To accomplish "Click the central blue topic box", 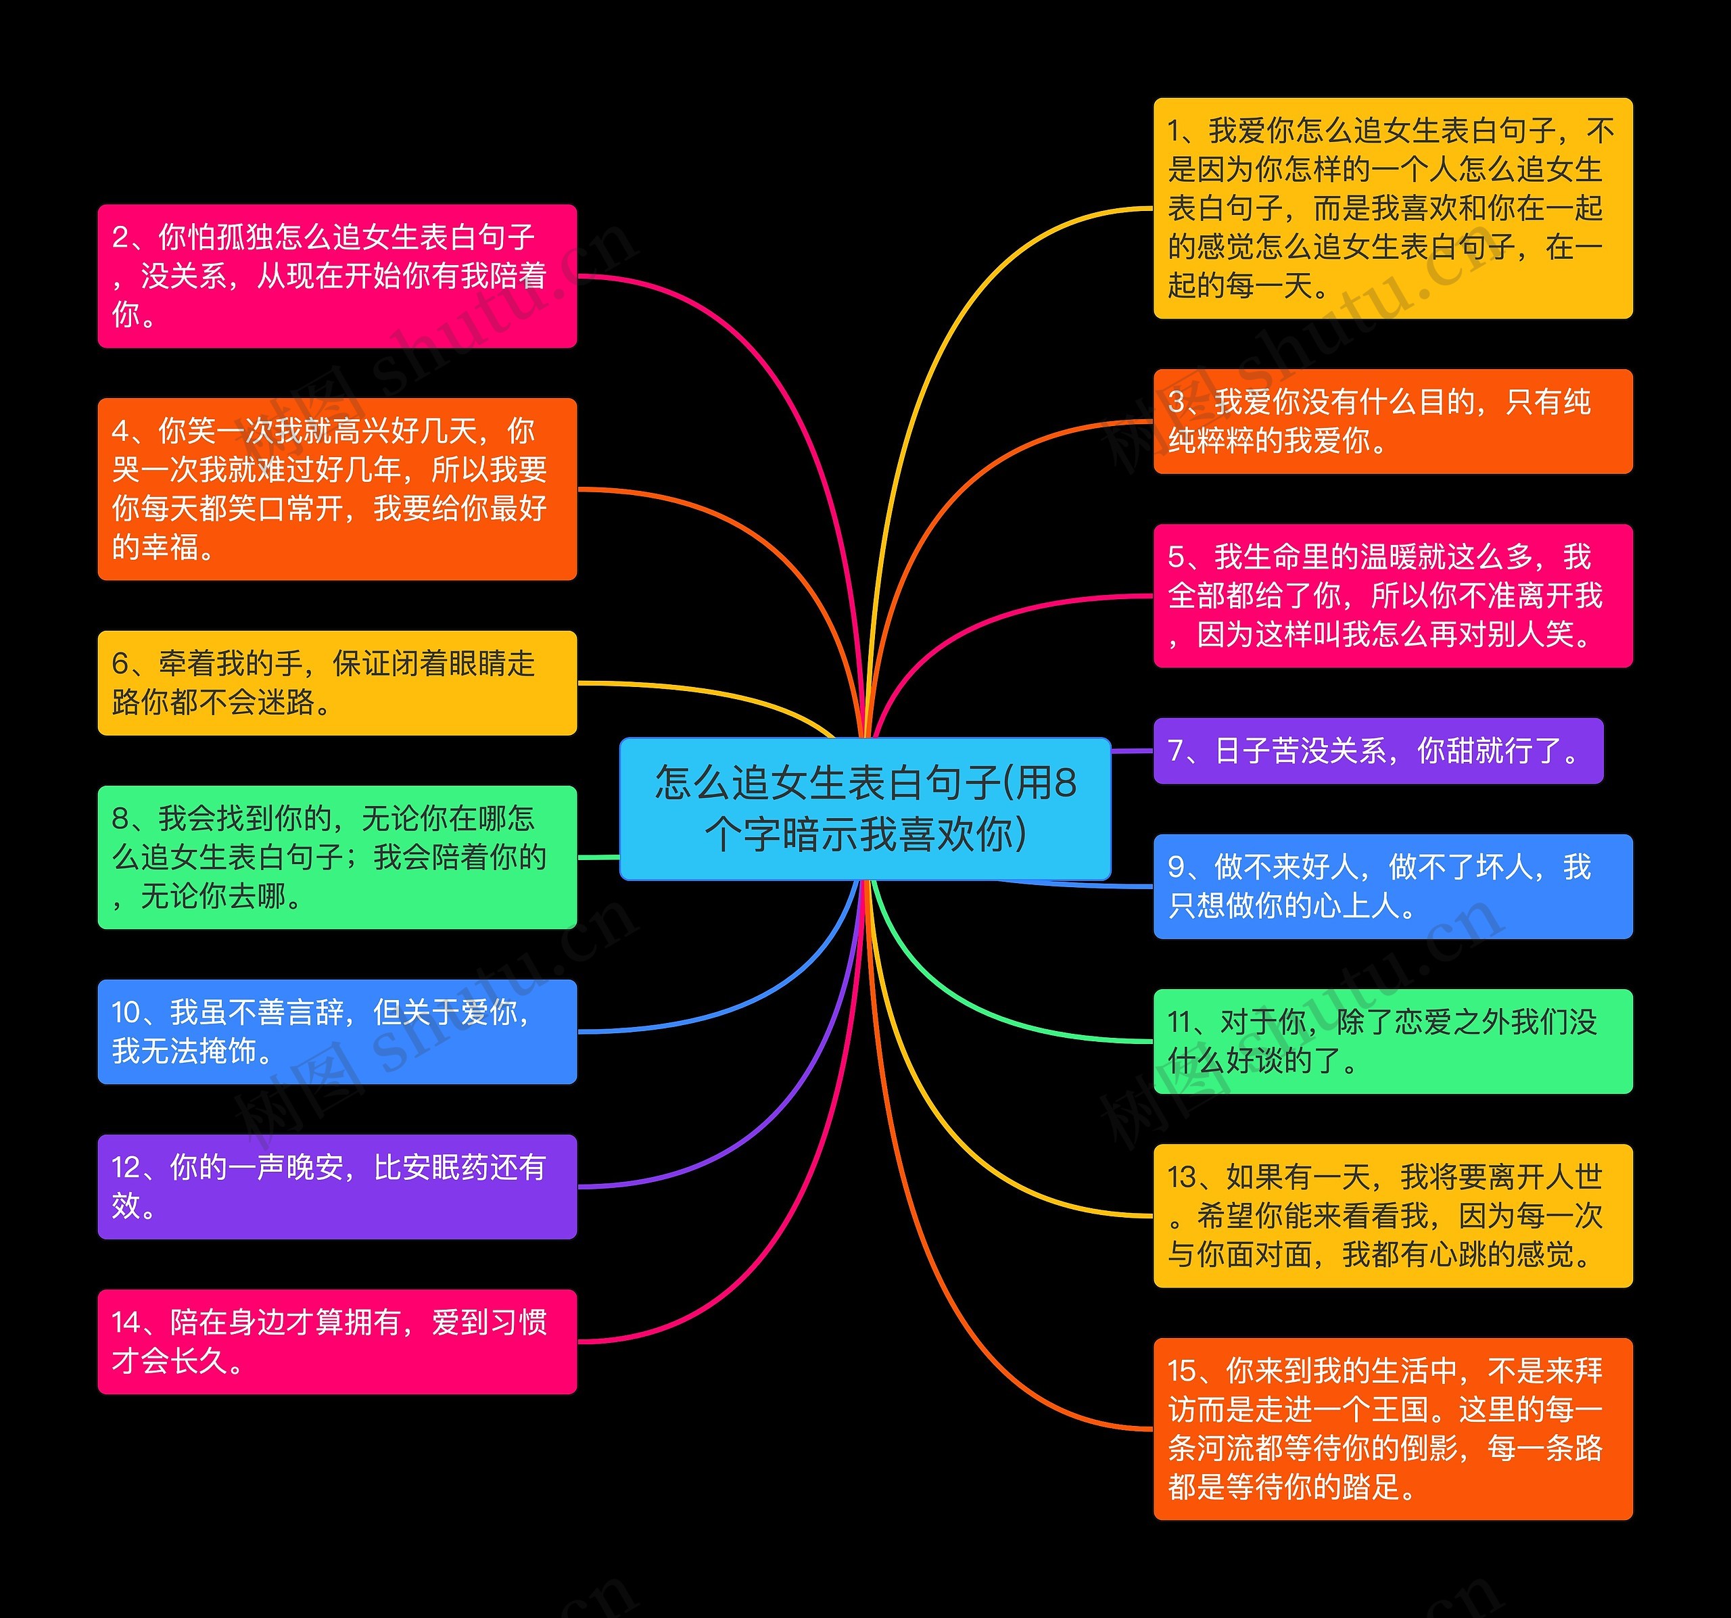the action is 865,808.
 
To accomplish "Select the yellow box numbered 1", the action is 1392,208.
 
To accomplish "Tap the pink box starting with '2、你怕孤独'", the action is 337,276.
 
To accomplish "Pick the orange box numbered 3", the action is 1392,421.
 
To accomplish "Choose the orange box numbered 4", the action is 337,489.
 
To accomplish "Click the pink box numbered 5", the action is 1392,596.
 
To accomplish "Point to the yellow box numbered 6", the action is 337,683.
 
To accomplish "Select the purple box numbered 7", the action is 1377,751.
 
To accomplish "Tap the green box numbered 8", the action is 337,857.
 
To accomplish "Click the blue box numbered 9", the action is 1392,886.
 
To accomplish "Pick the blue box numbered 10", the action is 337,1031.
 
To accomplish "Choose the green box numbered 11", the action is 1392,1041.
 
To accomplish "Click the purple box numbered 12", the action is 337,1186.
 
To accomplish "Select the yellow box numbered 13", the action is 1392,1216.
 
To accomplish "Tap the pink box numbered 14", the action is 337,1341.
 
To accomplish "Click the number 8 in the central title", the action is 1064,783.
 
